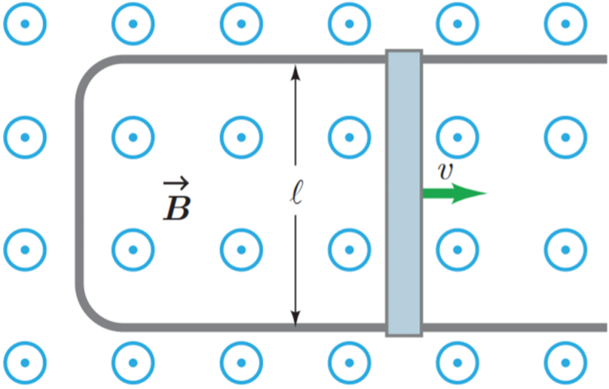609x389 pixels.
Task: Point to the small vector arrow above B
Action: (176, 183)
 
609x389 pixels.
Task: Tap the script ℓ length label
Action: (296, 192)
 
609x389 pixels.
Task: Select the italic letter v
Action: (446, 171)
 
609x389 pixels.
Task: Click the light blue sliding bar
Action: (404, 193)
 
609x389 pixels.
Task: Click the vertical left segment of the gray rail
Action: (79, 193)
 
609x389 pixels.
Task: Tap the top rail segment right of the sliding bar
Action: (515, 60)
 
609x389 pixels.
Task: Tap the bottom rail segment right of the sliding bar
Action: (515, 328)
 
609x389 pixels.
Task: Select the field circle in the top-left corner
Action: (25, 24)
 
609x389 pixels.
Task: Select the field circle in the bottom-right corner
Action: (566, 363)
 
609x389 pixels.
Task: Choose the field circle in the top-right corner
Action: (566, 24)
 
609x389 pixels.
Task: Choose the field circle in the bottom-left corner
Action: (25, 363)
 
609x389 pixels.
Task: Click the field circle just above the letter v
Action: (457, 137)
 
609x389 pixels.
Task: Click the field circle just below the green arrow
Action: (457, 250)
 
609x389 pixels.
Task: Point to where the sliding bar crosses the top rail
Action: (404, 60)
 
